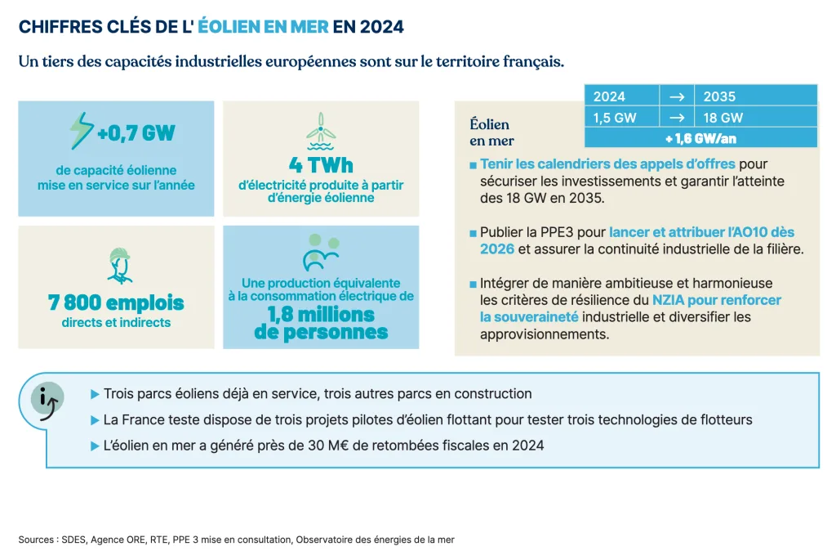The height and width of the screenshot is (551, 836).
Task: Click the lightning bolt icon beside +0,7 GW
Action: pos(81,131)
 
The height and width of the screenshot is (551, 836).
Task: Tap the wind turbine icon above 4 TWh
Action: pos(320,128)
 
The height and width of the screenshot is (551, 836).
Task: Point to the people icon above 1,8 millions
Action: pos(320,253)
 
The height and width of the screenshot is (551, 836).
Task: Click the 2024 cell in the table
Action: pos(610,96)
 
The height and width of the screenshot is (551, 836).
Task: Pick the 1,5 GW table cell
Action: pos(615,117)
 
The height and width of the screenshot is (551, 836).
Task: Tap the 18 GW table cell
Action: pos(723,117)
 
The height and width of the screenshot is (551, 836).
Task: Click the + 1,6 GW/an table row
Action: pos(700,138)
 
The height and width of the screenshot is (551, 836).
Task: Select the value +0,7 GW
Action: pos(136,132)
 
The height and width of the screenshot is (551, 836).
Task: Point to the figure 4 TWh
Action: pos(320,164)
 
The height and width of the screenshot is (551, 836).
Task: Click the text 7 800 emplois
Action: pos(116,303)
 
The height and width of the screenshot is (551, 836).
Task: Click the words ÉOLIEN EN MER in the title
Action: pos(263,27)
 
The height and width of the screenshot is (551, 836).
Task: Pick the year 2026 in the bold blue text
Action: pos(497,249)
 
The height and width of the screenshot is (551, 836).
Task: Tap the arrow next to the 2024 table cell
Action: pos(676,96)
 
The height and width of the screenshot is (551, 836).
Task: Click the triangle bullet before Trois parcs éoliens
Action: pos(95,394)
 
